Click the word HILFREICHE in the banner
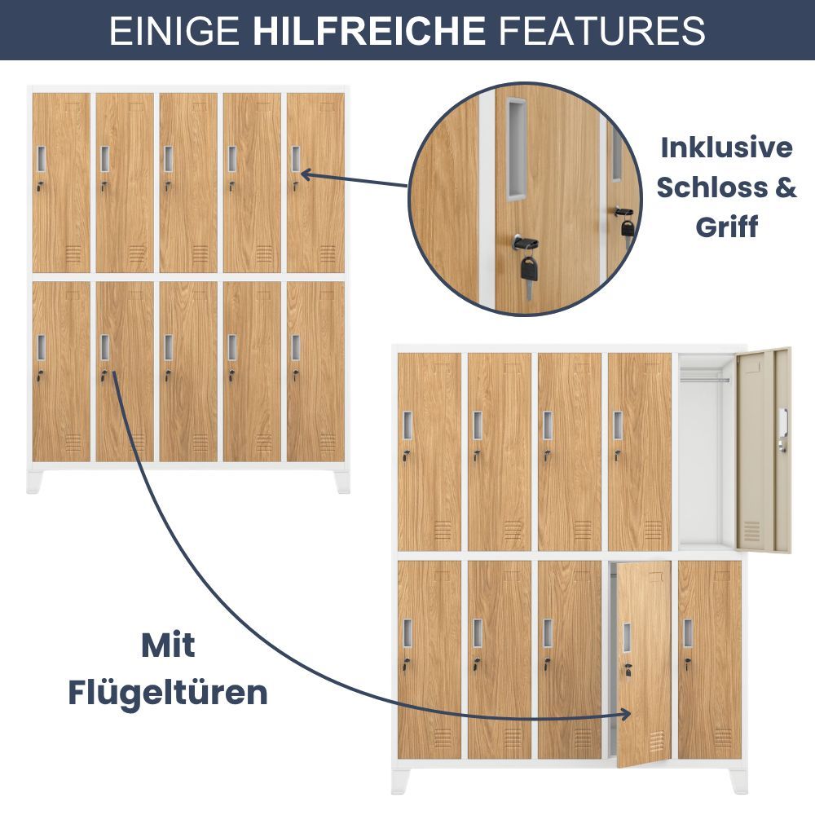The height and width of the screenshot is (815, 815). tap(368, 30)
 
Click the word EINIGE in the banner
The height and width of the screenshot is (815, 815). tap(174, 30)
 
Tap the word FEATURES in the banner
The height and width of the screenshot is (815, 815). tap(601, 30)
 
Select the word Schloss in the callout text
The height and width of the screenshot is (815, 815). tap(711, 187)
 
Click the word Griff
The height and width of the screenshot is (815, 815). tap(727, 227)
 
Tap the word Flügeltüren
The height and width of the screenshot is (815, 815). tap(168, 692)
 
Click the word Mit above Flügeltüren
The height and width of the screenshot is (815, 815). tap(168, 645)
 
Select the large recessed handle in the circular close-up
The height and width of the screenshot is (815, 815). tap(517, 150)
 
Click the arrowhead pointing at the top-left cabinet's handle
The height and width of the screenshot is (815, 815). tap(306, 174)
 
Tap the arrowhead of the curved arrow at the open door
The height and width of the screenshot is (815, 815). tap(625, 714)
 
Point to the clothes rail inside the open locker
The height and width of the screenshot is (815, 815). tap(705, 380)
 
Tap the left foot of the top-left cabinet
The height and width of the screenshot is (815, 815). tap(34, 482)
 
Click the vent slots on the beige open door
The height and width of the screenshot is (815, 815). tap(751, 531)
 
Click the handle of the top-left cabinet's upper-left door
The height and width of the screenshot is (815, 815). tap(41, 159)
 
